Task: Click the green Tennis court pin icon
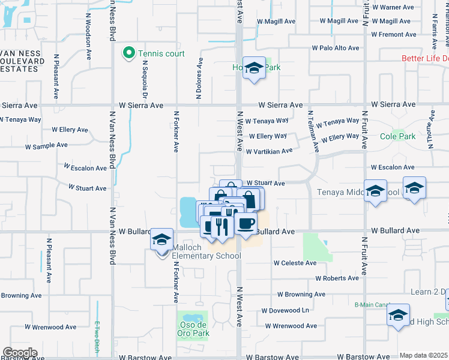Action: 128,54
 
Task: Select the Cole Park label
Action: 397,136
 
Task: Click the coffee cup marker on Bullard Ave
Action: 245,224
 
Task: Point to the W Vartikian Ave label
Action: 268,151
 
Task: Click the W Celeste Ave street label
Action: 295,263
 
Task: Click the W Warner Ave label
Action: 393,8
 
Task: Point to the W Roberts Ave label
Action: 337,278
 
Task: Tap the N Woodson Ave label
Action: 88,38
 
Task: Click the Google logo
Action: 20,353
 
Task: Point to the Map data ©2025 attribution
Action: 423,355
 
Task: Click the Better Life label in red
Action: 425,58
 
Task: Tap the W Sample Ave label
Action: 46,146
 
